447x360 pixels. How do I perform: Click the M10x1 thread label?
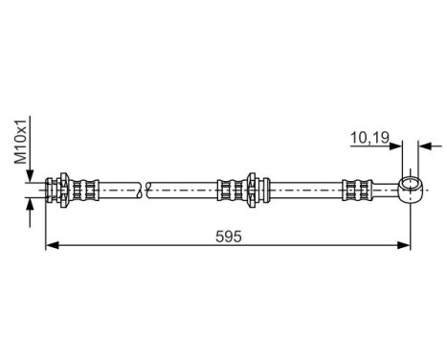coord(22,145)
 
